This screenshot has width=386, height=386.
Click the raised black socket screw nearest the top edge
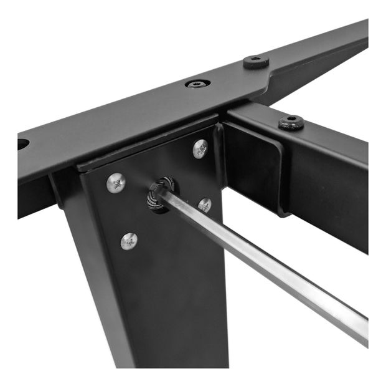point(255,62)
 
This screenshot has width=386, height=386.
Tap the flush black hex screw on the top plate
point(197,83)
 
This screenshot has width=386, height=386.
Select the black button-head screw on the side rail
point(291,122)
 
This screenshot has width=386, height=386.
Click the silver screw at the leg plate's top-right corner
point(200,148)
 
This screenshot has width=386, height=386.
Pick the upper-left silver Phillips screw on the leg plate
point(116,182)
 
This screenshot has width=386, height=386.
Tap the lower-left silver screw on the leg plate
point(129,240)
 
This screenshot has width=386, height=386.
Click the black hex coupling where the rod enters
point(160,194)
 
